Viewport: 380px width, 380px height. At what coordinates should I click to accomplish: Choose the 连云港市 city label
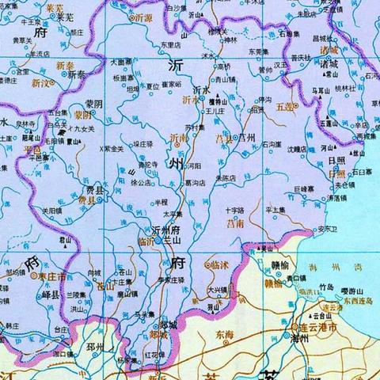point(322,327)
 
